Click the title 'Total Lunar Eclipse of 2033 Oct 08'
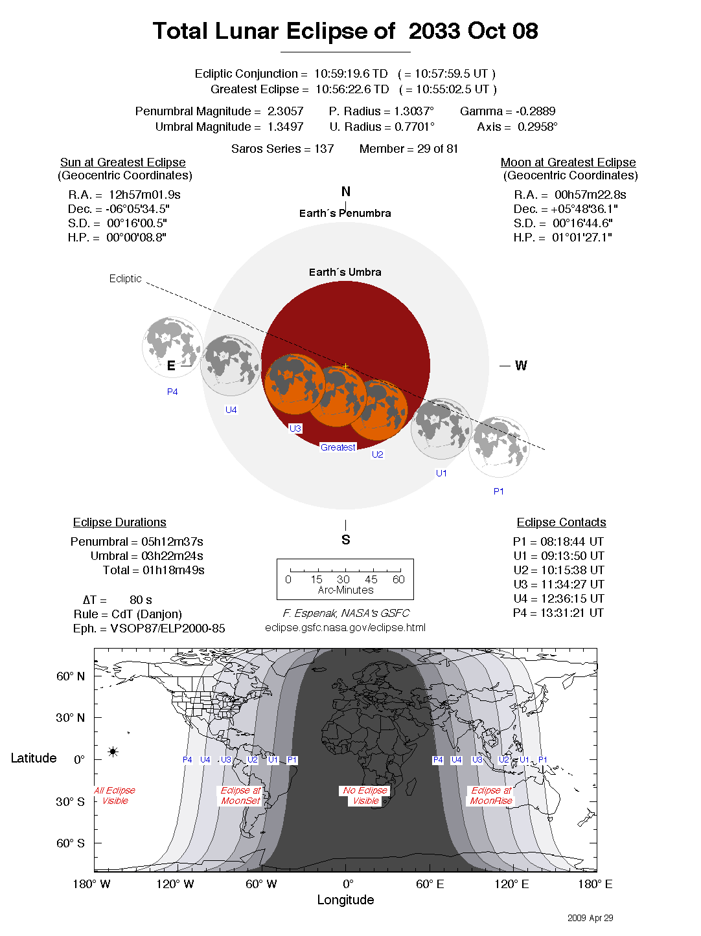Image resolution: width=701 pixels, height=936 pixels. click(345, 31)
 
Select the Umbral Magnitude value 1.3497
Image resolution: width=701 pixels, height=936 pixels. click(285, 127)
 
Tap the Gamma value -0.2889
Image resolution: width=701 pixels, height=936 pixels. click(535, 111)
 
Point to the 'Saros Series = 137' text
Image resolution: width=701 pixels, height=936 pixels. click(282, 149)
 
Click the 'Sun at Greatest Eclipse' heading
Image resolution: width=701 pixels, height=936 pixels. click(123, 162)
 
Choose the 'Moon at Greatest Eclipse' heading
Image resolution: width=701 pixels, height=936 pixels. click(568, 162)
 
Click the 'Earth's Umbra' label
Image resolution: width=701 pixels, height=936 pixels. click(345, 273)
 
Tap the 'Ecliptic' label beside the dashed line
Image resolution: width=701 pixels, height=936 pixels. click(125, 278)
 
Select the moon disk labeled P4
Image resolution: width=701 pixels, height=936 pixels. click(172, 347)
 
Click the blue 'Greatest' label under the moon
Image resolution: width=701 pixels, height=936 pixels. click(338, 447)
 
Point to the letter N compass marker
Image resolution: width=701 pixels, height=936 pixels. click(346, 192)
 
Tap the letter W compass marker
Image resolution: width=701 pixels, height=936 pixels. click(521, 366)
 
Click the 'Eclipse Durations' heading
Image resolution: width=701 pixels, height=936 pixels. click(120, 522)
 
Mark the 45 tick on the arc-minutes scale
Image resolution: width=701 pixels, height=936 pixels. click(371, 579)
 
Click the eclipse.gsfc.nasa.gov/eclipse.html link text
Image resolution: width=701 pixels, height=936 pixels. click(345, 627)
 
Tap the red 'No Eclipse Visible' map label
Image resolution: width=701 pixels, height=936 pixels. click(365, 796)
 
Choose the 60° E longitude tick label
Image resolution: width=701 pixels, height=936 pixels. click(430, 884)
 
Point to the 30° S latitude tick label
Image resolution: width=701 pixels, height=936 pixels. click(70, 801)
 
